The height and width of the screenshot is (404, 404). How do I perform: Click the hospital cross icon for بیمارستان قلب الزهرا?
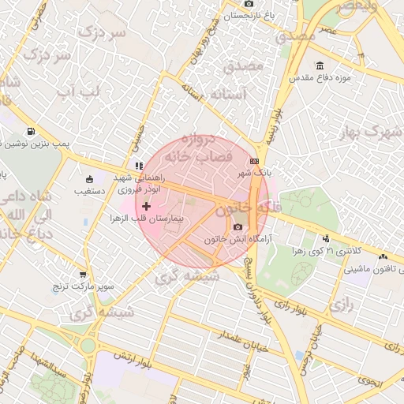click(146, 205)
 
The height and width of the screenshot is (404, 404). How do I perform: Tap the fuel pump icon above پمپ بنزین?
click(30, 132)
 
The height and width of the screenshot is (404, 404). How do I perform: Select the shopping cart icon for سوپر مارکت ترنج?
click(83, 274)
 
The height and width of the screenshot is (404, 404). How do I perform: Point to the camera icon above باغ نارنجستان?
click(249, 3)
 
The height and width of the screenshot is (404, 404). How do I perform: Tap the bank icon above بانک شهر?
click(254, 160)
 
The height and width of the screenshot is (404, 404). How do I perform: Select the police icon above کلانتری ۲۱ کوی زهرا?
click(326, 238)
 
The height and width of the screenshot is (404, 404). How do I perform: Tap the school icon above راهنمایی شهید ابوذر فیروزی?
click(139, 166)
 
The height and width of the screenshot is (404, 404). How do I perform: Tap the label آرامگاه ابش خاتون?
click(242, 238)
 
